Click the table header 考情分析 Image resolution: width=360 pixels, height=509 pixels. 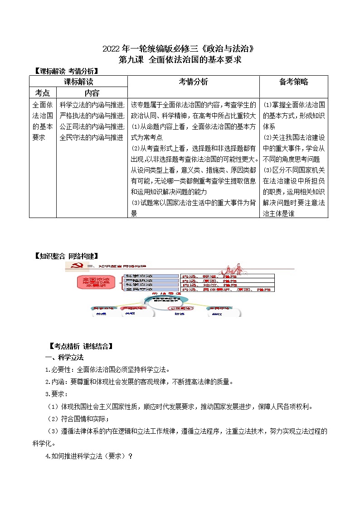(193, 82)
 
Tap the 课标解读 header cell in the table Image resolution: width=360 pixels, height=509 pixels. (78, 82)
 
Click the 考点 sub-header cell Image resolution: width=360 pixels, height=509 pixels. (43, 92)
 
